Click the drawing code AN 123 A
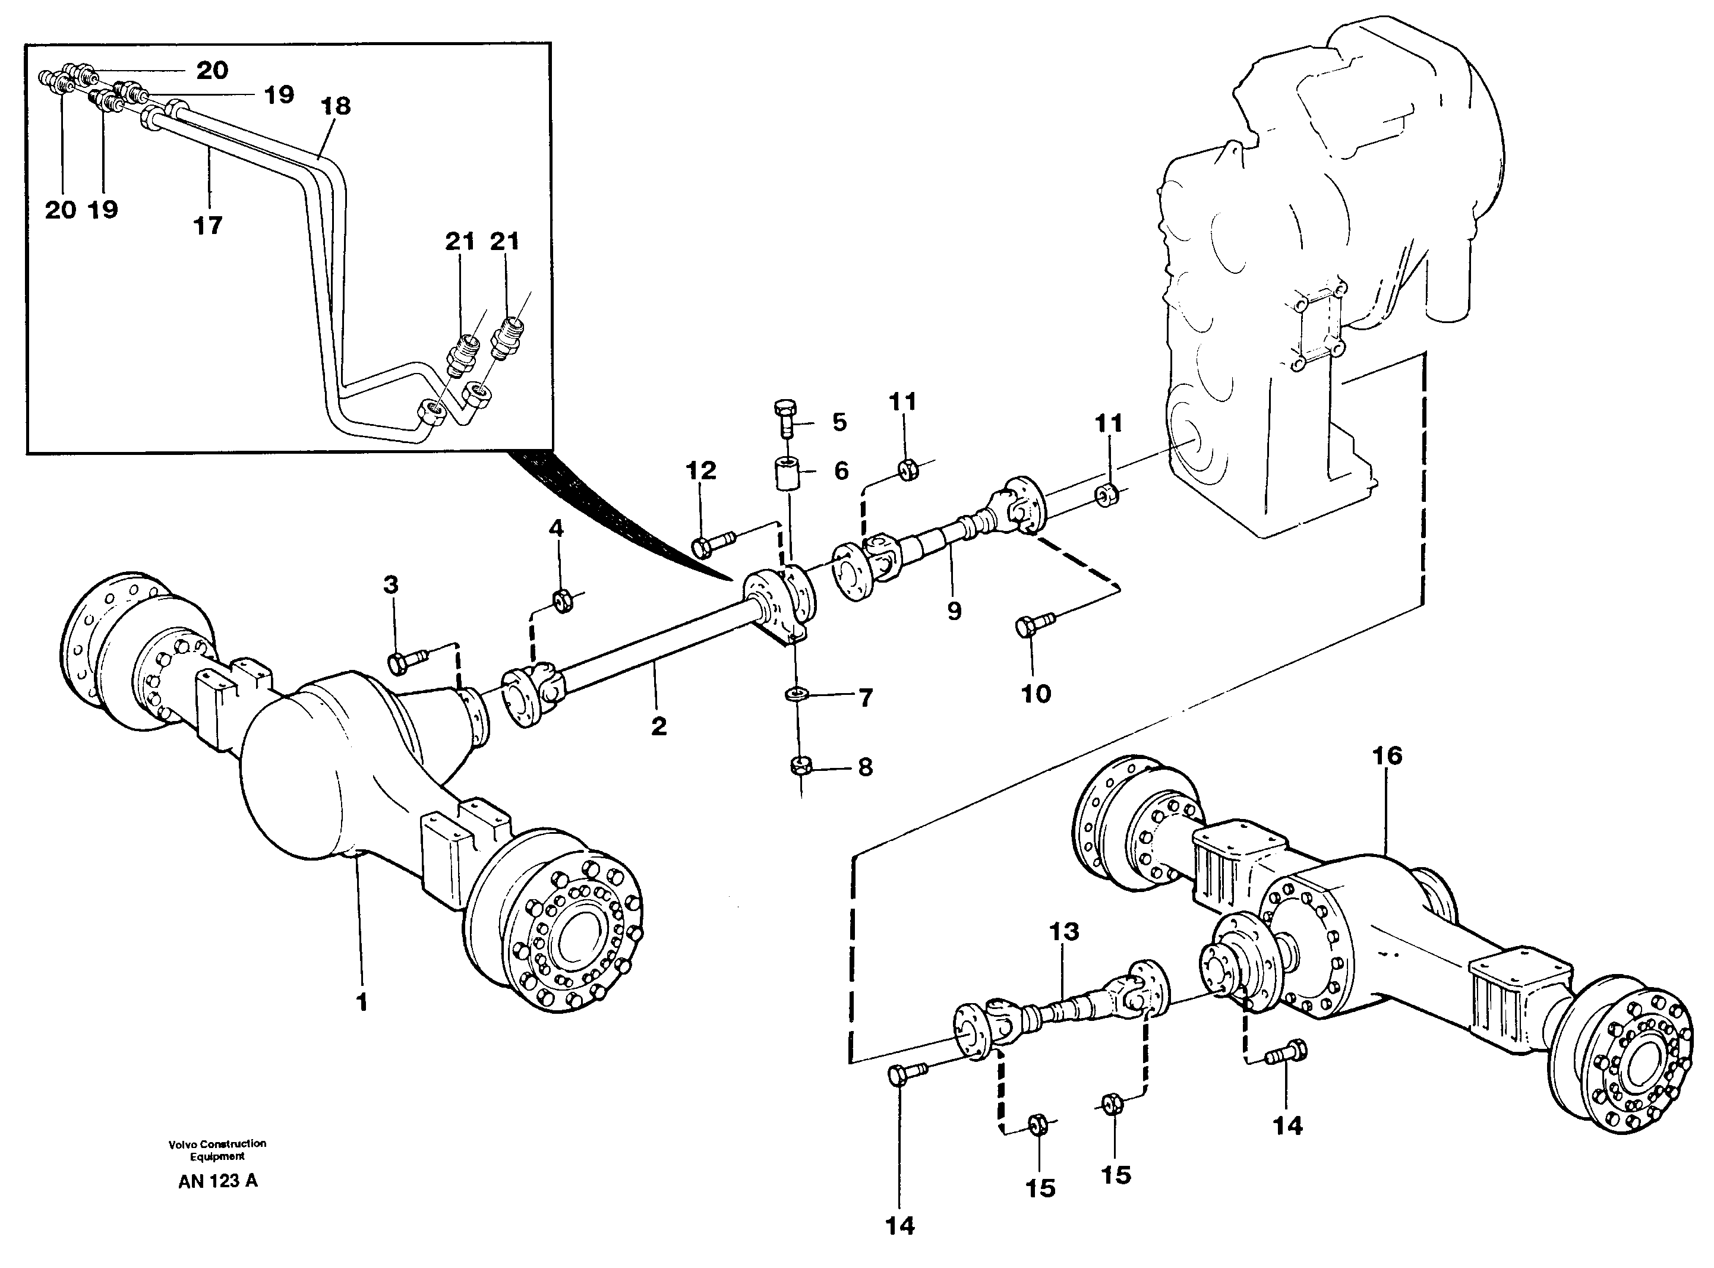pos(218,1181)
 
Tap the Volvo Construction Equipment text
pos(217,1149)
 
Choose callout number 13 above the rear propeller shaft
pos(1064,932)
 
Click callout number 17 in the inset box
pos(207,225)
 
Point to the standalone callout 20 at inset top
pos(212,71)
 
